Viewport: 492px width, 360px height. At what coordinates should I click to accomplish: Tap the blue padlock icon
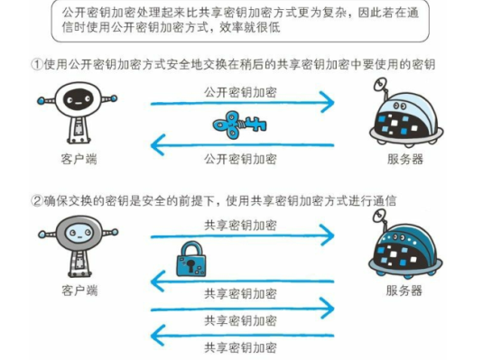point(192,261)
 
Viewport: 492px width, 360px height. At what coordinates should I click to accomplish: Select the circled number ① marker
point(37,65)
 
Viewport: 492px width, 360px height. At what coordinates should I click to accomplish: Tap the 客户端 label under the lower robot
point(79,291)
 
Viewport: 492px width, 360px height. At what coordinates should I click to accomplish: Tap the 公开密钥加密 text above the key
point(240,94)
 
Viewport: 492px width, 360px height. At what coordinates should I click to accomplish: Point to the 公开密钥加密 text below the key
point(240,158)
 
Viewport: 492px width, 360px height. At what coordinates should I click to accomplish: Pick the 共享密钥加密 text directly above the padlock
point(240,225)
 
